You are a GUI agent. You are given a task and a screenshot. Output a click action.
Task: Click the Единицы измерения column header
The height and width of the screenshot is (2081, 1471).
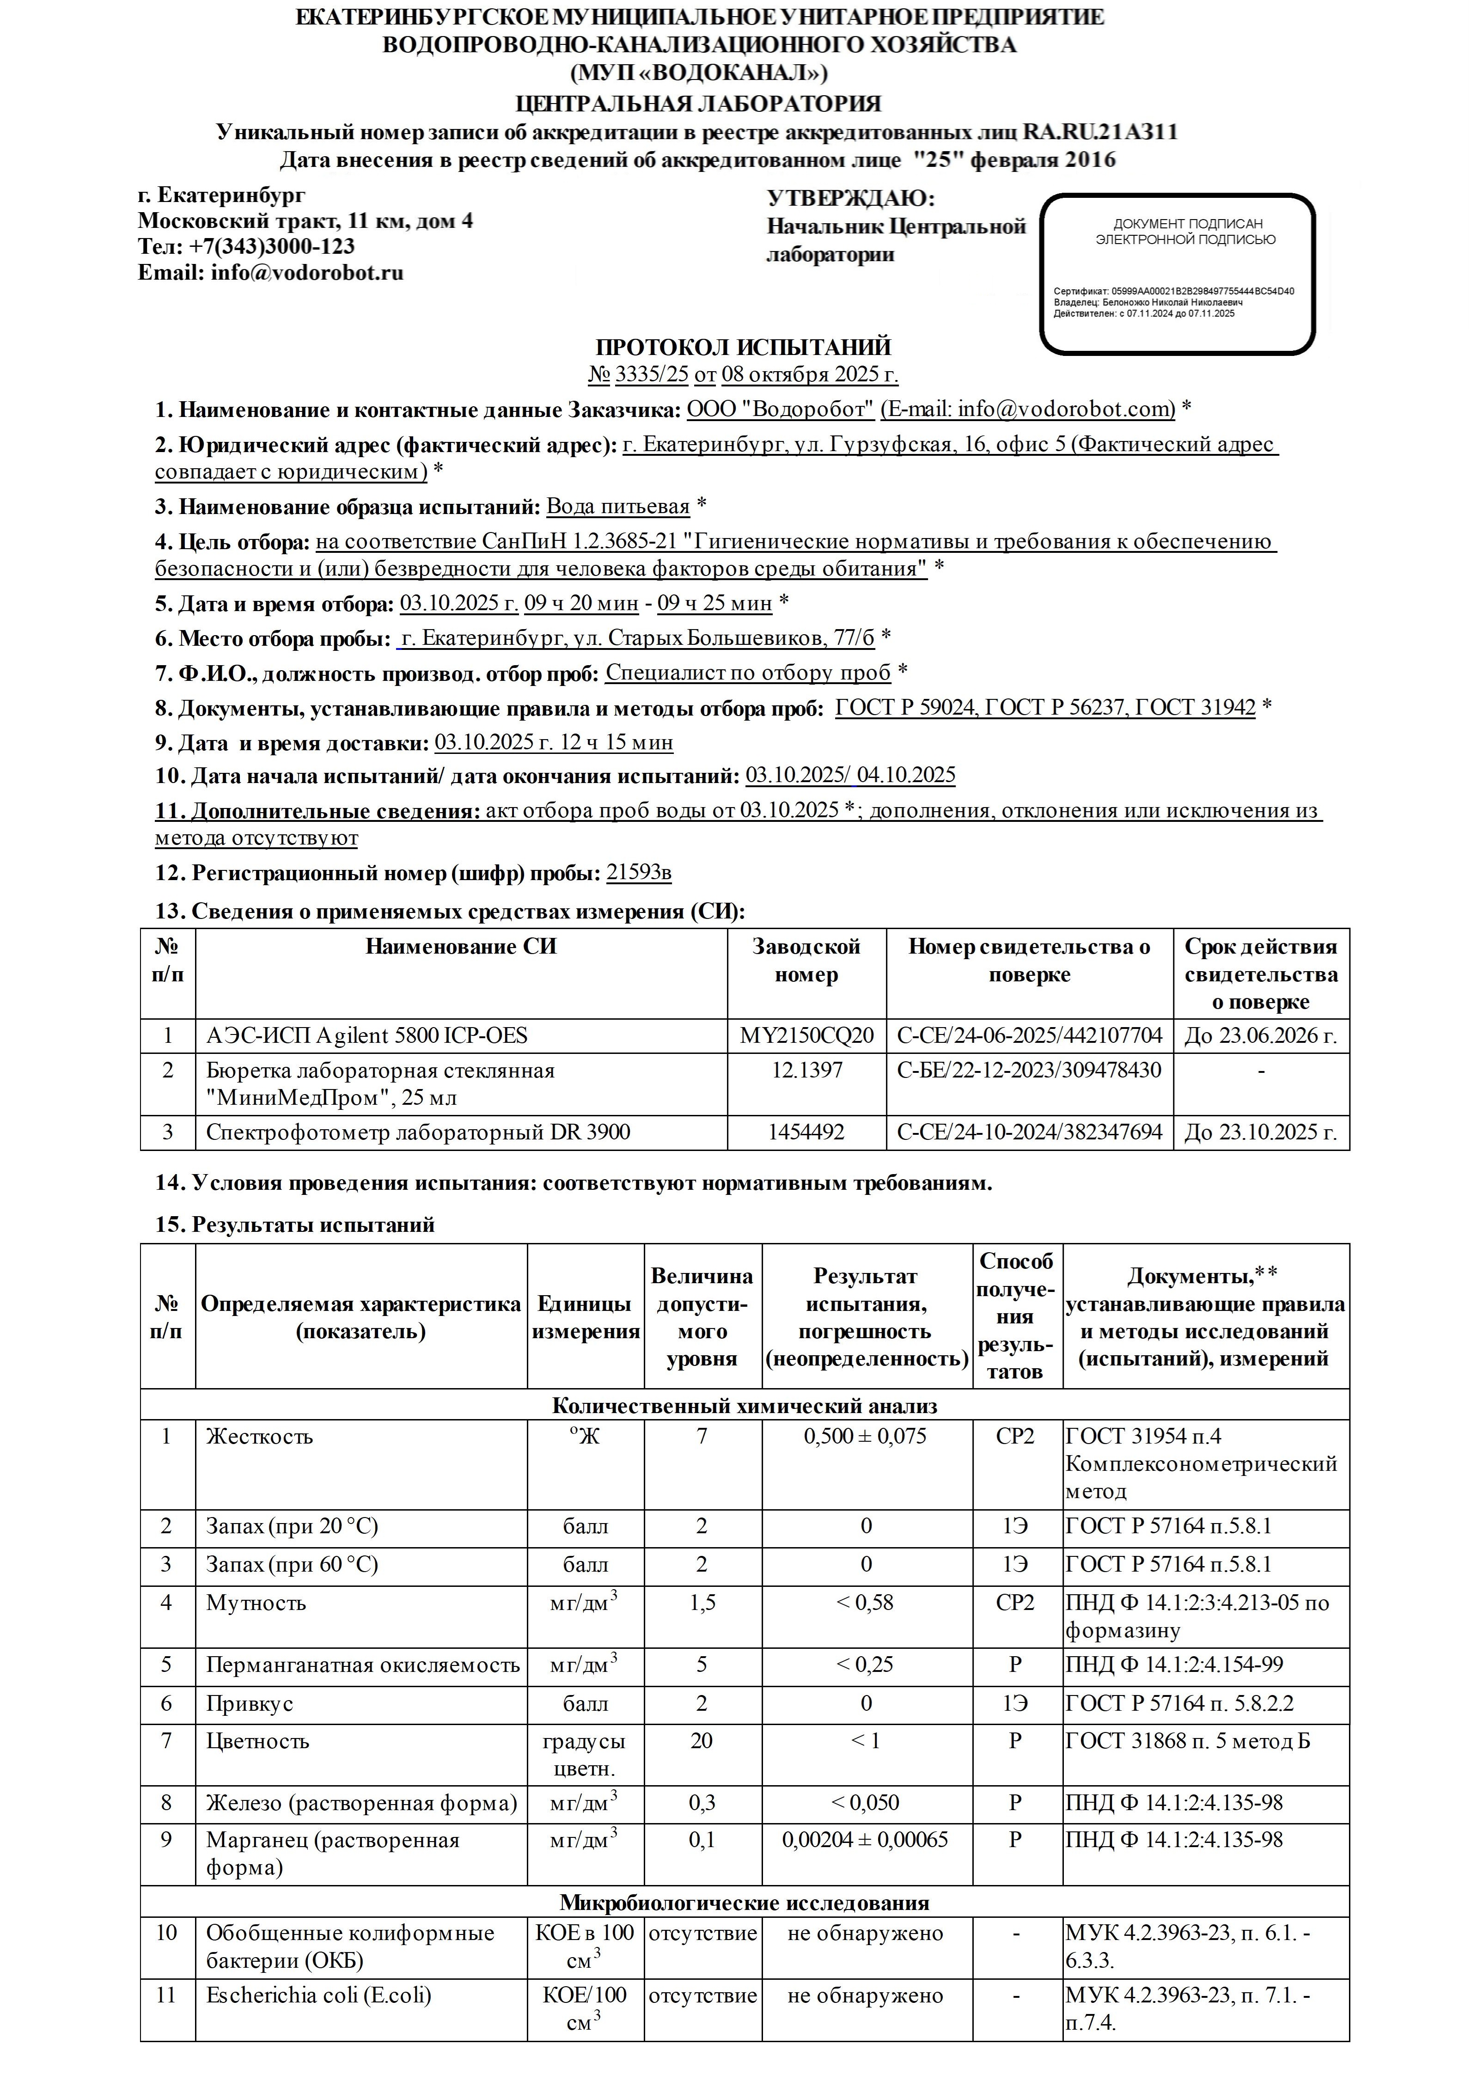pos(586,1317)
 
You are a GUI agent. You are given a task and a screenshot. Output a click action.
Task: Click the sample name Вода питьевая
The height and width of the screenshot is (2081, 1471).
pos(618,507)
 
